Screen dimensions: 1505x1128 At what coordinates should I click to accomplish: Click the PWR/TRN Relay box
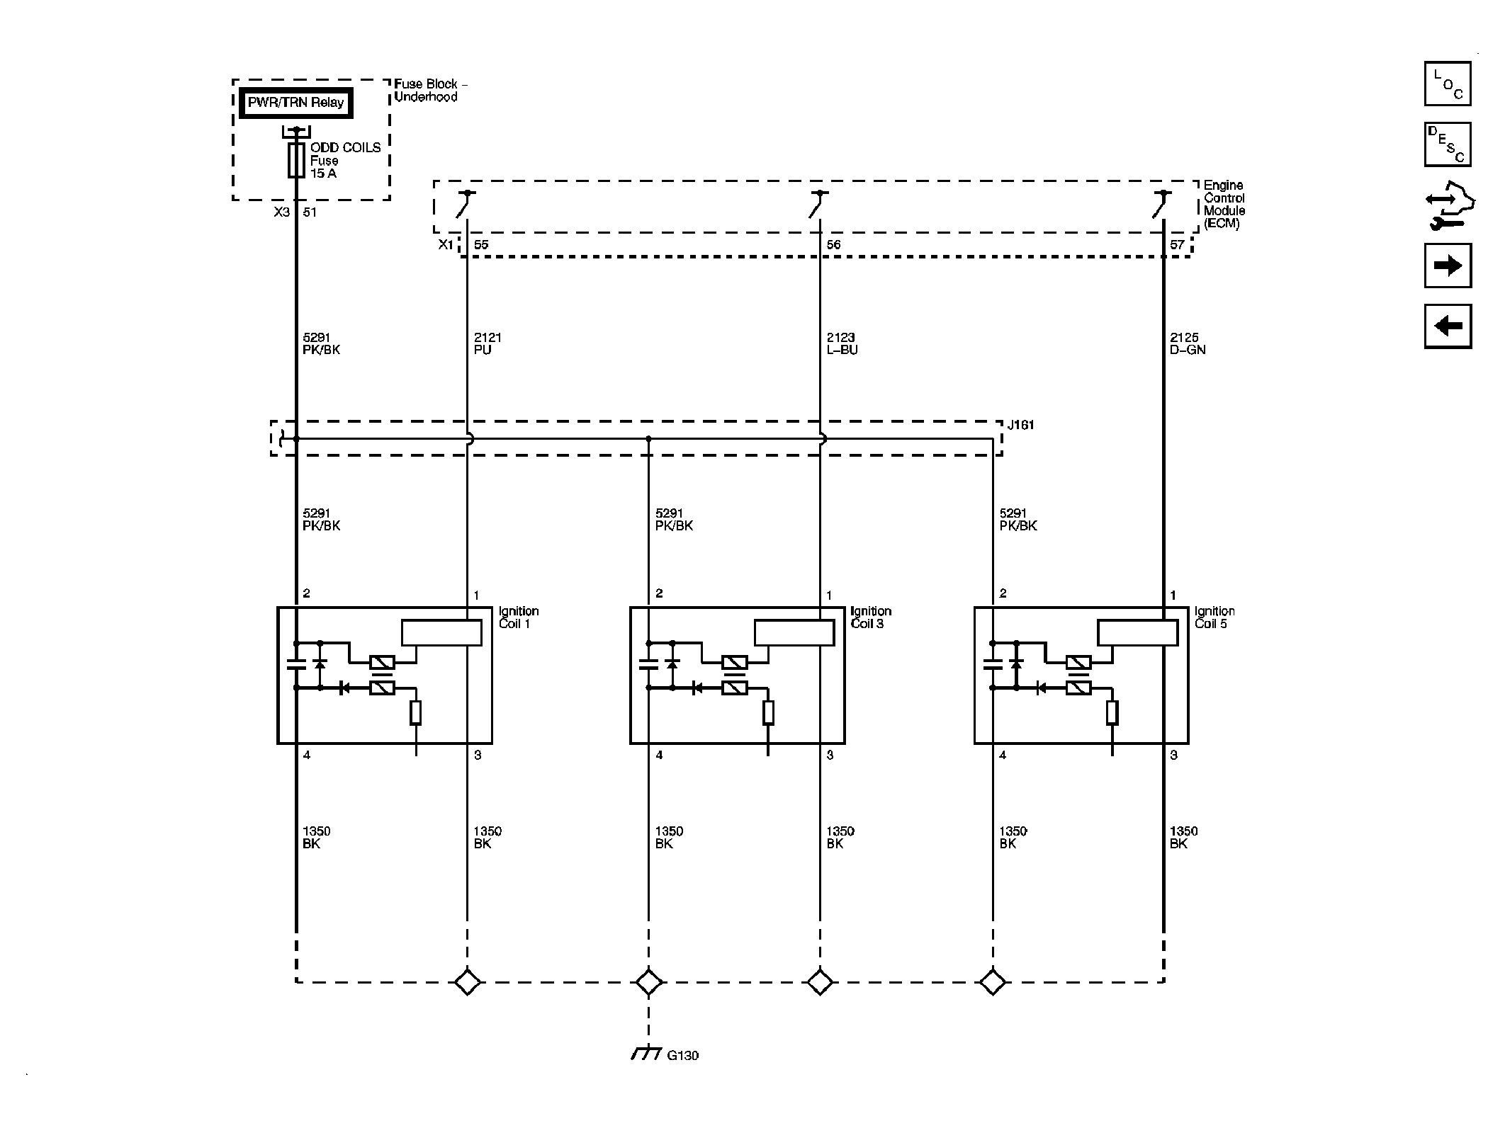(295, 103)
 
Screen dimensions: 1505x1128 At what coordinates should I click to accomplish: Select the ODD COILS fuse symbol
(296, 160)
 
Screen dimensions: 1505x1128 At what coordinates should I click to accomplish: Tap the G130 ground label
(683, 1075)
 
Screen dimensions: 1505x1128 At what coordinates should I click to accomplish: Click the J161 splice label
(1021, 425)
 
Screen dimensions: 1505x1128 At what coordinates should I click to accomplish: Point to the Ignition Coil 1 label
(519, 617)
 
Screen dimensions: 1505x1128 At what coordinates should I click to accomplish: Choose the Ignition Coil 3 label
(871, 617)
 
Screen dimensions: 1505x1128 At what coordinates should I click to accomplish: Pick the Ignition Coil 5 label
(1214, 617)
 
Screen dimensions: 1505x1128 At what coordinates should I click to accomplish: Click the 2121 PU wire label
(487, 343)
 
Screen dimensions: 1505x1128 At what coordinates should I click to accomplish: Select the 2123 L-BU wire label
(842, 343)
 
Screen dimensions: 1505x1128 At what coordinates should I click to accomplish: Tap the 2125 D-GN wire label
(1188, 343)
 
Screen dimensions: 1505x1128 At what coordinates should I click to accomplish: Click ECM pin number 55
(481, 245)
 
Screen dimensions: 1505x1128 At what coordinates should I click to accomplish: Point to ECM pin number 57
(1177, 245)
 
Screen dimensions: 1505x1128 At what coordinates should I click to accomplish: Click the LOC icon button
(1448, 84)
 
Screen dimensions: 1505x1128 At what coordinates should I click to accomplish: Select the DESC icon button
(1448, 144)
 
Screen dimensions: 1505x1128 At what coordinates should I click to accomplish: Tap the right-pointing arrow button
(1448, 266)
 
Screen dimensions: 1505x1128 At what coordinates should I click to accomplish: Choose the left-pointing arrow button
(1448, 326)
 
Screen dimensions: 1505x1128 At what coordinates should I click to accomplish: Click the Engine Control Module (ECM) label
(1224, 205)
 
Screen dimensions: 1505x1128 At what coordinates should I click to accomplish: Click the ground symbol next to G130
(646, 1073)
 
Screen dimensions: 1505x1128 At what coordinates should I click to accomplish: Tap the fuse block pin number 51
(310, 212)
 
